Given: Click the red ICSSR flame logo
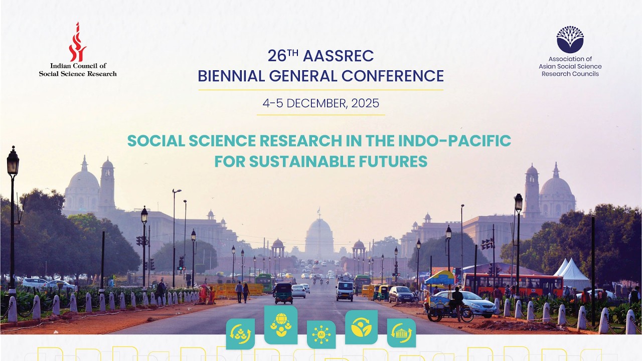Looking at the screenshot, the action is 77,42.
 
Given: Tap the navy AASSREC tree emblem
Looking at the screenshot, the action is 570,40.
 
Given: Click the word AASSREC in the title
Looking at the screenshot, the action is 338,56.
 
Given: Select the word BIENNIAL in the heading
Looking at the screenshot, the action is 231,76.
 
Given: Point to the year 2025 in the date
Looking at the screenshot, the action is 365,103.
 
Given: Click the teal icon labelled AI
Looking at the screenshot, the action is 322,334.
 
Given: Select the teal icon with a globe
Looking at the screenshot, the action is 281,325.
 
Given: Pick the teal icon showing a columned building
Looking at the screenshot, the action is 402,333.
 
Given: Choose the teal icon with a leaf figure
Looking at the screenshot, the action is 362,327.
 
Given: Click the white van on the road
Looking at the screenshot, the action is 345,290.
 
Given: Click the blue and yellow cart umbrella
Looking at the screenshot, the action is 439,277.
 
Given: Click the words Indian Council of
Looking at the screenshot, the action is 78,66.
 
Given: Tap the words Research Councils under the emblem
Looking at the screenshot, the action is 570,74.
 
